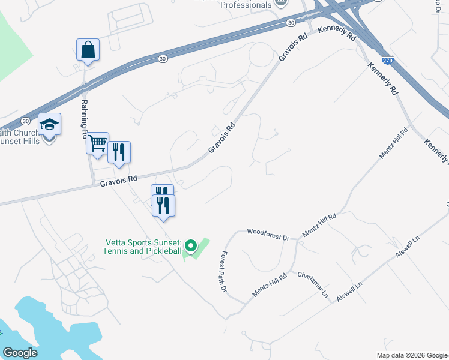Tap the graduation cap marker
(x=50, y=125)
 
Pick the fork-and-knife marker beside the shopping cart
(x=119, y=153)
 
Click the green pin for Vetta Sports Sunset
(x=191, y=245)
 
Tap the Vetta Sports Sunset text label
(x=143, y=247)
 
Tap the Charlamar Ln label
(x=313, y=284)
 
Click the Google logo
(x=20, y=353)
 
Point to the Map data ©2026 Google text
(x=412, y=355)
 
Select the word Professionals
(x=246, y=5)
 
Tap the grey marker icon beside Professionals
(x=281, y=4)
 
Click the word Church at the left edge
(x=14, y=132)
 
